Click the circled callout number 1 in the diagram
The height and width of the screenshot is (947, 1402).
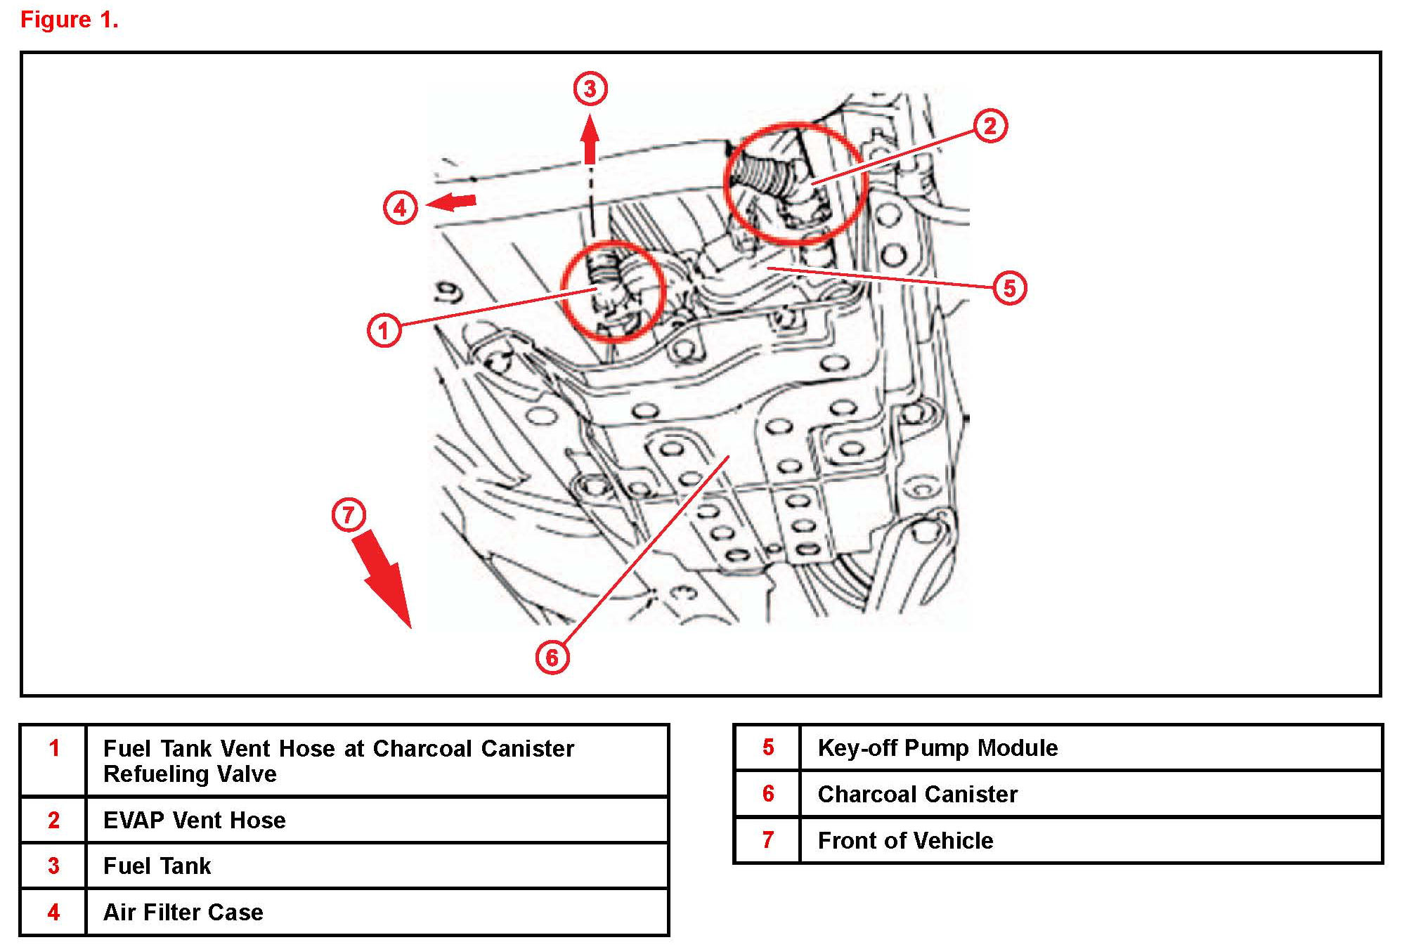tap(384, 329)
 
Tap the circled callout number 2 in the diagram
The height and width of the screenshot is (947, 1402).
tap(989, 126)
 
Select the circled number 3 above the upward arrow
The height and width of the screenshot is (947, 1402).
tap(590, 89)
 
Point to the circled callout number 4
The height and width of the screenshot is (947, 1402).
tap(400, 207)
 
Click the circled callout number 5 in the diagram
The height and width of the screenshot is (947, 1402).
tap(1009, 287)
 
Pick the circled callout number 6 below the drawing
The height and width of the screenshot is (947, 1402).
tap(552, 658)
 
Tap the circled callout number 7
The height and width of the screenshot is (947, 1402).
tap(349, 514)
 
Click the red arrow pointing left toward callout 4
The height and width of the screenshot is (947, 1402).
tap(451, 202)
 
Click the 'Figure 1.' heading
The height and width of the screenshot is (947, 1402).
tap(69, 20)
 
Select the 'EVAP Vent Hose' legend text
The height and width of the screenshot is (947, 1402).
tap(194, 820)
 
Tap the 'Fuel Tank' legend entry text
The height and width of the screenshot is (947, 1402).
tap(157, 866)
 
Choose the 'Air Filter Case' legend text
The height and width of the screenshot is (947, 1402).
tap(183, 912)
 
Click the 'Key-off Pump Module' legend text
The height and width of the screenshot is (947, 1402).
tap(937, 747)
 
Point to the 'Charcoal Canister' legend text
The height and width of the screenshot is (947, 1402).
tap(917, 794)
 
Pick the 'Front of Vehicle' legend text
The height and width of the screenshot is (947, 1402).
tap(905, 840)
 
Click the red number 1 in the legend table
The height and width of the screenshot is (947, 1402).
tap(54, 748)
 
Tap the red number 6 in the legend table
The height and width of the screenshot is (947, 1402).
tap(768, 794)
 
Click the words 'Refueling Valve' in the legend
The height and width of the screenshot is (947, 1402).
tap(190, 774)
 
